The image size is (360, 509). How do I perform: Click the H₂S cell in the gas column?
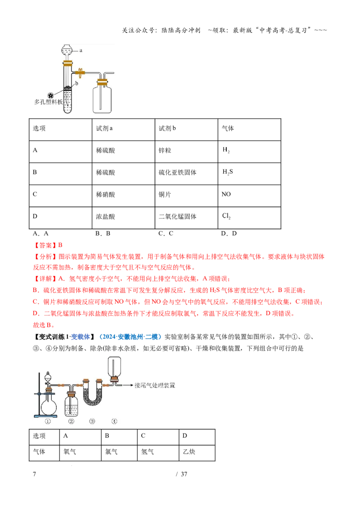coord(249,174)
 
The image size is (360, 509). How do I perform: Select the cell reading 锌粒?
coord(186,152)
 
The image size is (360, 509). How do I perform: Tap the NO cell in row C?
coord(249,196)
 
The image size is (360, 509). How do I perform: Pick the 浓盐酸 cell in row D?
coord(123,218)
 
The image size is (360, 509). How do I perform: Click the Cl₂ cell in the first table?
coord(249,218)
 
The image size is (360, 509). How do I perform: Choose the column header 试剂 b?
coord(186,129)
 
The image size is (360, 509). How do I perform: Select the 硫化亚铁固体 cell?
coord(186,174)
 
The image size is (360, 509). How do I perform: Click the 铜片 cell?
coord(186,196)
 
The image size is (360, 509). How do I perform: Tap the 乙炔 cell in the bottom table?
coord(197,453)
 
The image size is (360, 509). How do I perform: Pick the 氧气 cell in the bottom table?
coord(80,453)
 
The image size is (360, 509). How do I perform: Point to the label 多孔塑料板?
coord(49,102)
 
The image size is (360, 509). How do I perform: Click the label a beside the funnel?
coord(81,50)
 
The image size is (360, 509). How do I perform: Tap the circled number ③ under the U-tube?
coord(92,421)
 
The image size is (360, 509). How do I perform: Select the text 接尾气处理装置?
coord(155,385)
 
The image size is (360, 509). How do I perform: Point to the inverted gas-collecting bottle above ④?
coord(114,367)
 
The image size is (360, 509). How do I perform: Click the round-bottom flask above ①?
coord(49,406)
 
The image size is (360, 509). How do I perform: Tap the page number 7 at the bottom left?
coord(35,474)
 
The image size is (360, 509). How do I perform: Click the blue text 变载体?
coord(81,337)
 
